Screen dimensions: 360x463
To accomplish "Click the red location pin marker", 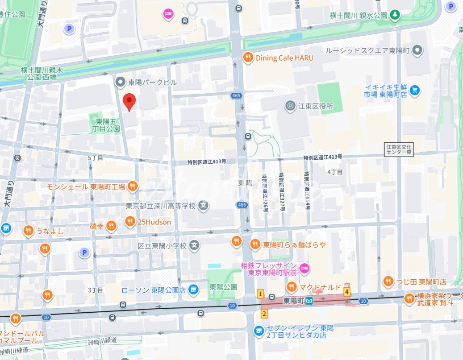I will pos(129,102).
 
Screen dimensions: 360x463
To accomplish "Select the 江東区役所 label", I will pos(317,106).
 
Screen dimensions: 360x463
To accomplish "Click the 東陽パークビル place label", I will pos(152,82).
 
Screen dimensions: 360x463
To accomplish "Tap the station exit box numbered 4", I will pos(346,292).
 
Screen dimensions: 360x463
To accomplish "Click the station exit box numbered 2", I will pos(264,314).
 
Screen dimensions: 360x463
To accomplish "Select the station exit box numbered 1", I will pos(260,294).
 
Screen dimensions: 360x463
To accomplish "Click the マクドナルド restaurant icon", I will pos(291,286).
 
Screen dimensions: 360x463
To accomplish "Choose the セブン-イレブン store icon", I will pos(259,331).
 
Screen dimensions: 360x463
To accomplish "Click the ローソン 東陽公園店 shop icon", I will pos(193,290).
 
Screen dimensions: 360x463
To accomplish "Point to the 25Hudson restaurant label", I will pos(154,221).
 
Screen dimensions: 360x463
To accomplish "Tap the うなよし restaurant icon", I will pos(28,231).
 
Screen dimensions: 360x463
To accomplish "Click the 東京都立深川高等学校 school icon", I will pos(204,206).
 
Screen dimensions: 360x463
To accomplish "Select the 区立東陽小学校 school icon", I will pos(194,245).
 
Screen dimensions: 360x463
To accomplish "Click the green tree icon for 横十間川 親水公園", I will pos(395,15).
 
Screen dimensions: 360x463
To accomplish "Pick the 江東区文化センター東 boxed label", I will pos(400,149).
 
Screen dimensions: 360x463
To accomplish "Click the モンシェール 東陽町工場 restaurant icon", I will pos(132,186).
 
